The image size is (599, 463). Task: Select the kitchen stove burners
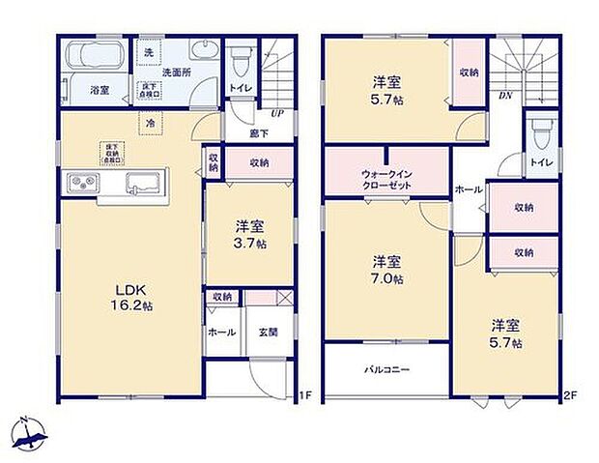pos(81,182)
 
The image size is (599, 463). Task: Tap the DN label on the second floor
pos(503,97)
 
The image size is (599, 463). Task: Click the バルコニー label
pos(386,369)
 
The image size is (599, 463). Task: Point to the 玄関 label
pos(268,332)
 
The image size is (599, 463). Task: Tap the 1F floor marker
pos(304,394)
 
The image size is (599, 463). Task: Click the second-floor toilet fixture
pos(539,130)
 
